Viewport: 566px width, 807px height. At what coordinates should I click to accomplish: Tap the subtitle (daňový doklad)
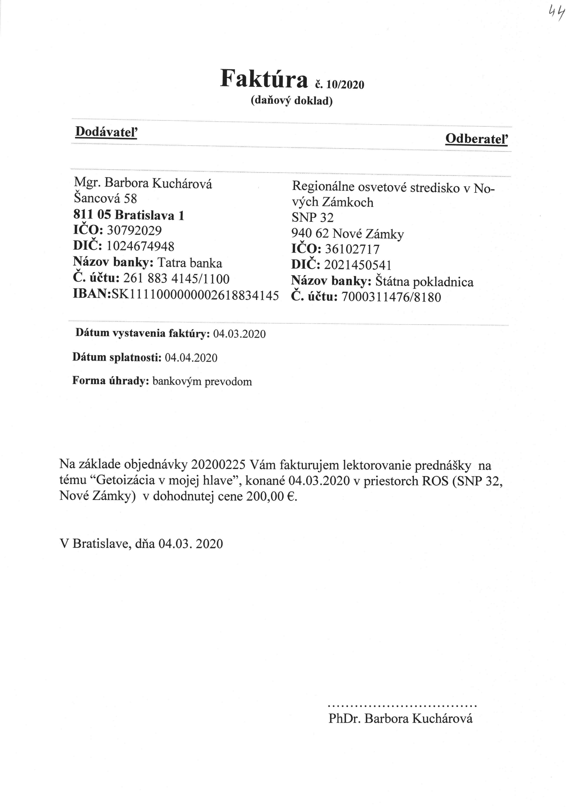(291, 101)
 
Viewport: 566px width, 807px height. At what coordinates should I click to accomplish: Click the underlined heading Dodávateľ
(106, 132)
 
